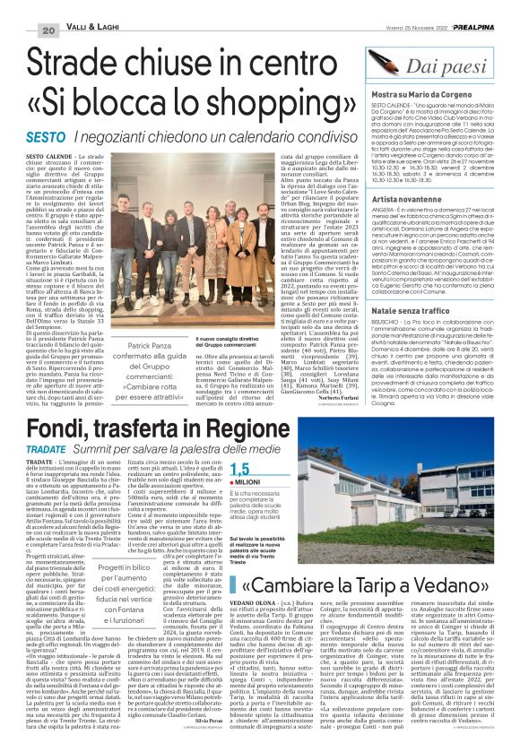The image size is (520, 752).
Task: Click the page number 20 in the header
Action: pyautogui.click(x=22, y=31)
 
